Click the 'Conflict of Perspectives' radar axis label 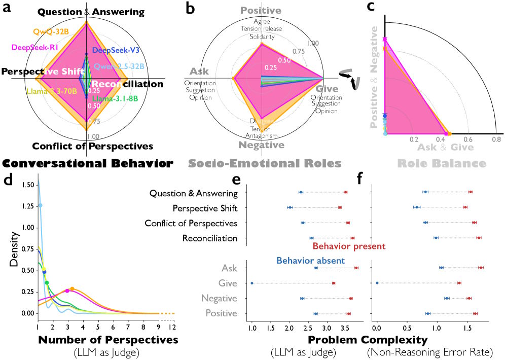pos(92,147)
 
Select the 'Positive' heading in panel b pos(261,10)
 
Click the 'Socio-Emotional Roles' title pos(261,163)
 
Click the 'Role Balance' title pos(441,163)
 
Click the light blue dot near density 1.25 pos(41,205)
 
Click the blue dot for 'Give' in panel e pos(252,283)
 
